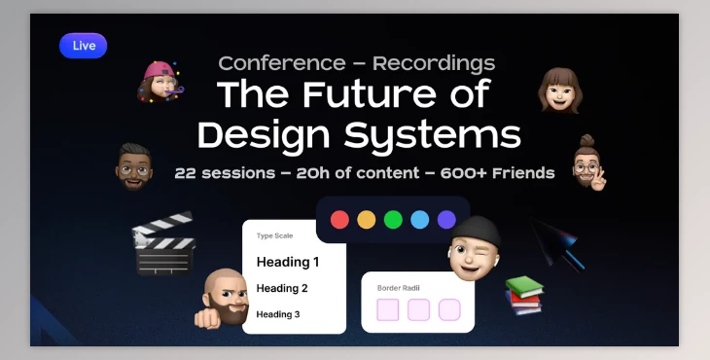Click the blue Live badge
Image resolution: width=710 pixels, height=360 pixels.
tap(83, 46)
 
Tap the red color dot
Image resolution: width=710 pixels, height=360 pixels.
tap(339, 219)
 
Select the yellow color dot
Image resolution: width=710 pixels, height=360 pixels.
tap(366, 219)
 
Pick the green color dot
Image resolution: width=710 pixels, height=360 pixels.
tap(393, 219)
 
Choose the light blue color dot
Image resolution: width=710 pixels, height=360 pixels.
tap(419, 219)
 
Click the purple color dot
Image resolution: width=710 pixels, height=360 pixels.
tap(445, 219)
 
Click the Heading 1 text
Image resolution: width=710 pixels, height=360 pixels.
tap(288, 262)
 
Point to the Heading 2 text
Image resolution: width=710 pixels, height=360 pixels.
tap(282, 288)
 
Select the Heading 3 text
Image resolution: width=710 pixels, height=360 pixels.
tap(278, 314)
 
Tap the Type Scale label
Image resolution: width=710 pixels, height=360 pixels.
tap(274, 235)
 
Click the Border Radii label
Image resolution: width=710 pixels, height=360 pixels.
tap(398, 288)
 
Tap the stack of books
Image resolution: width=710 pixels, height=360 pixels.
tap(523, 295)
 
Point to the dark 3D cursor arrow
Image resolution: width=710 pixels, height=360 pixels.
tap(559, 243)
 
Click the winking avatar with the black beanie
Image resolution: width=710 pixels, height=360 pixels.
tap(475, 247)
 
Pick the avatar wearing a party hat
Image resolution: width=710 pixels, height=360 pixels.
tap(159, 83)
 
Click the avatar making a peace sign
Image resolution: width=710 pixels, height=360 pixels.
tap(587, 163)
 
